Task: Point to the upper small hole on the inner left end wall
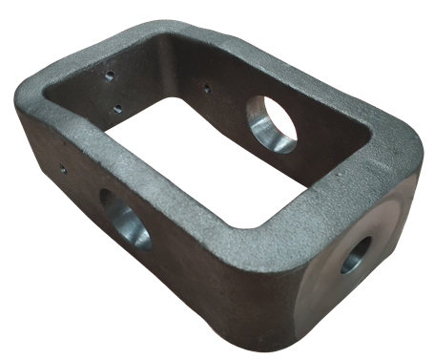(x=111, y=74)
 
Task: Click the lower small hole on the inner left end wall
(x=115, y=107)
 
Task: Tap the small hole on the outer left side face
(x=63, y=171)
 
